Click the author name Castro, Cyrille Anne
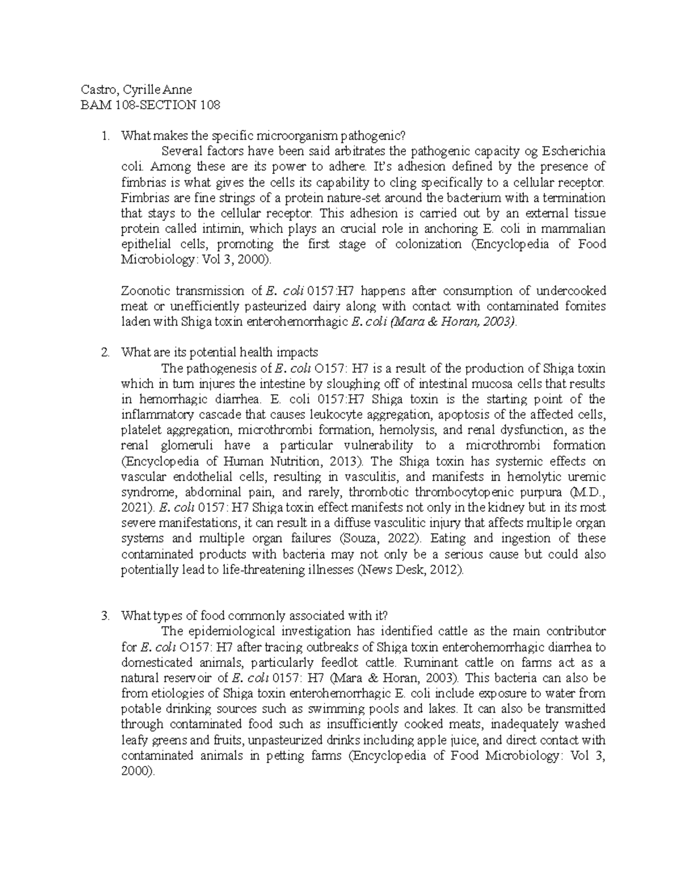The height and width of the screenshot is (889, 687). tap(136, 89)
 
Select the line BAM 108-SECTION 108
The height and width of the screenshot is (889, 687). tap(151, 105)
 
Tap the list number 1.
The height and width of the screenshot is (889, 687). tap(104, 136)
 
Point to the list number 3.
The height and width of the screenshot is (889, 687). tap(104, 616)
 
